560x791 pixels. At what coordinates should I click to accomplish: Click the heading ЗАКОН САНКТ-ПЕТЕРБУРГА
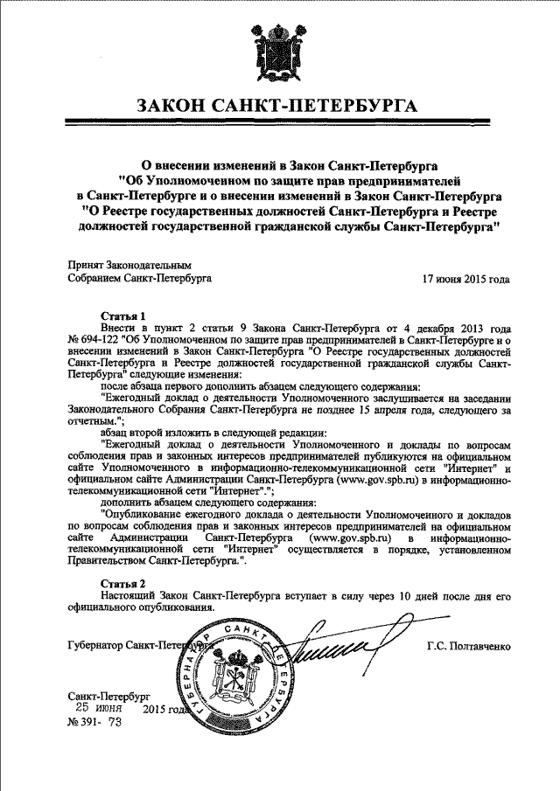pos(278,108)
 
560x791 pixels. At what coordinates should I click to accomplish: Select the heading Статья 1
pos(123,316)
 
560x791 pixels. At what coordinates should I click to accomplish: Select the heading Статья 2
pos(123,582)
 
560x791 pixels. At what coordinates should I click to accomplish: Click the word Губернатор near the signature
pos(94,646)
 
